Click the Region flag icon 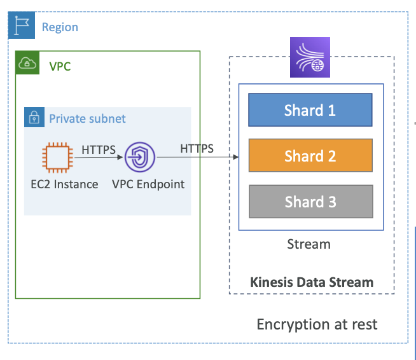click(x=22, y=25)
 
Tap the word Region click(x=60, y=27)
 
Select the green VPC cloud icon click(x=27, y=62)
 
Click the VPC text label click(x=60, y=66)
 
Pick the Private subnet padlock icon click(x=34, y=117)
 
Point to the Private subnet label click(x=87, y=118)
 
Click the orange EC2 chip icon click(x=58, y=158)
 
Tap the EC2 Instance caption click(x=64, y=184)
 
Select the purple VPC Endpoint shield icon click(x=140, y=157)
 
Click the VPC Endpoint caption click(x=148, y=184)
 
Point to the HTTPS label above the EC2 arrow click(x=99, y=149)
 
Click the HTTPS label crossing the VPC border click(x=197, y=149)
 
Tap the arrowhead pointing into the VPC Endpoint click(x=120, y=157)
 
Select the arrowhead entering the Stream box click(x=235, y=157)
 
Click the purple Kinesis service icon click(x=310, y=57)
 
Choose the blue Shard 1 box click(x=310, y=110)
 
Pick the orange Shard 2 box click(x=310, y=155)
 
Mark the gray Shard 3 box click(x=311, y=202)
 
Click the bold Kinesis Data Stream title click(x=312, y=282)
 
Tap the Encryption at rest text click(x=317, y=324)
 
